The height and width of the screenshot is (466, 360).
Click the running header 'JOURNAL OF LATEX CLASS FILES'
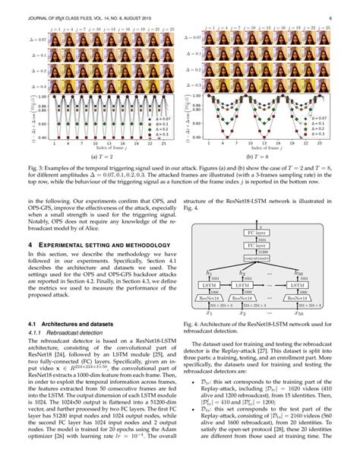coord(61,12)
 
